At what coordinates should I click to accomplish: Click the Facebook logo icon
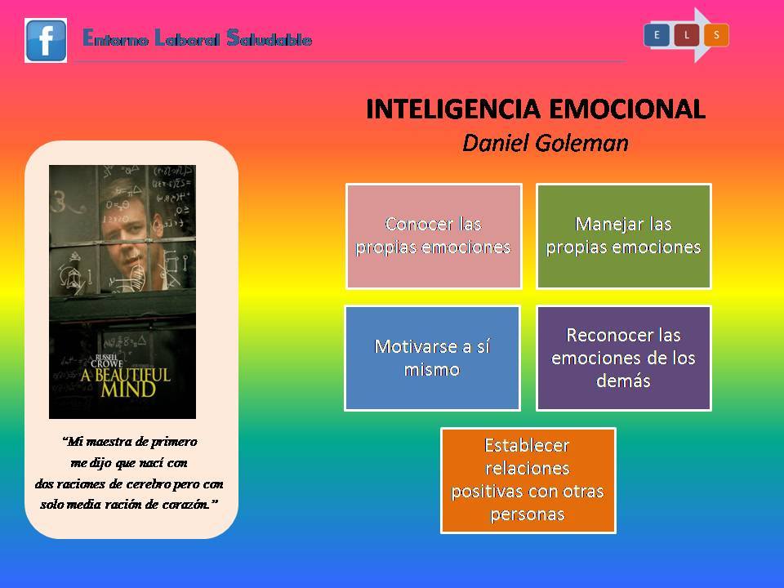pos(46,41)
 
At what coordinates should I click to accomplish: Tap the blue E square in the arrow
pos(657,35)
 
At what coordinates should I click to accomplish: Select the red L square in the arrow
pos(687,35)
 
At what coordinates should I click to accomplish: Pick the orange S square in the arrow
pos(716,35)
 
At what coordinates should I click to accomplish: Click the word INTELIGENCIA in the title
pos(453,109)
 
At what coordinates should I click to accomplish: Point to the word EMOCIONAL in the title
pos(627,109)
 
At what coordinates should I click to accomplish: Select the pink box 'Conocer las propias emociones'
pos(434,236)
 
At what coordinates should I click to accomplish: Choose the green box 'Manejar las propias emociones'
pos(623,236)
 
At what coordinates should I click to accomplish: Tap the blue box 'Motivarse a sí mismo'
pos(433,358)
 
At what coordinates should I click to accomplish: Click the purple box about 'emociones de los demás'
pos(623,358)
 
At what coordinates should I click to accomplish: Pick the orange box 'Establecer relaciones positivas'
pos(528,480)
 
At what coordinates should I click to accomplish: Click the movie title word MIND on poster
pos(128,390)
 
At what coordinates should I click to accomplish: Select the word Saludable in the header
pos(269,38)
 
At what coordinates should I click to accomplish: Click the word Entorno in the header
pos(115,38)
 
